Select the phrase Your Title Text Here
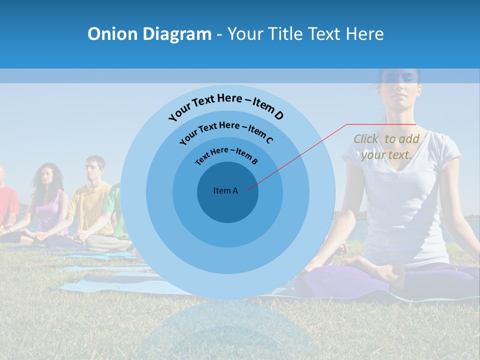pyautogui.click(x=305, y=34)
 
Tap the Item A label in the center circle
pyautogui.click(x=225, y=190)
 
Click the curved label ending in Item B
pyautogui.click(x=226, y=154)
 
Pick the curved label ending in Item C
pyautogui.click(x=226, y=131)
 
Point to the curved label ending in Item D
pyautogui.click(x=226, y=105)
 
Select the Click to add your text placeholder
pyautogui.click(x=386, y=147)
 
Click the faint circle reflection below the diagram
pyautogui.click(x=227, y=330)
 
